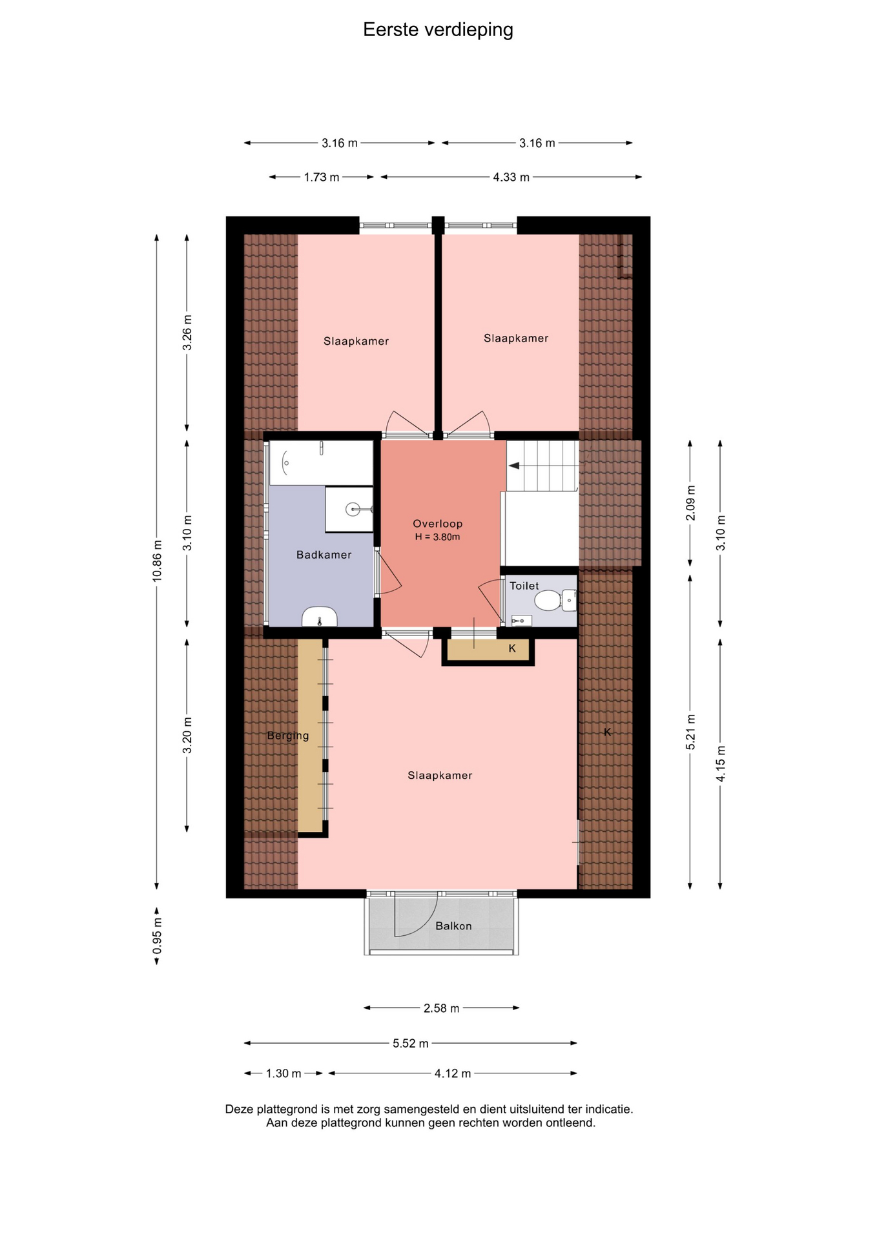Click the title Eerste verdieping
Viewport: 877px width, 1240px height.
coord(438,30)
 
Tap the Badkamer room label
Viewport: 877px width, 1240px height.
coord(324,555)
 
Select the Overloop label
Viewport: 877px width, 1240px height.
coord(438,524)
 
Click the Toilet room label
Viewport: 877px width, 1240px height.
coord(524,586)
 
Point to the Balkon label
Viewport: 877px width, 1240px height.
coord(453,926)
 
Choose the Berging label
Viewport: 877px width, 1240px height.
coord(288,736)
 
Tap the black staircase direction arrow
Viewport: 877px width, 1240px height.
coord(514,466)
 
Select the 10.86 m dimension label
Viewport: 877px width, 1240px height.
coord(157,561)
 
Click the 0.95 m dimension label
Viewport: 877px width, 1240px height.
coord(157,935)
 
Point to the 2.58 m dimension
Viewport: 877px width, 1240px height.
coord(442,1008)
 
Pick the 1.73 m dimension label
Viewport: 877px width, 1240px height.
coord(322,177)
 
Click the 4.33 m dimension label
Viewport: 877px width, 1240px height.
coord(511,177)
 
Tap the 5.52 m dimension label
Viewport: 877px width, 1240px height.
coord(411,1043)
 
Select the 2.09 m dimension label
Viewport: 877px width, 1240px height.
coord(690,502)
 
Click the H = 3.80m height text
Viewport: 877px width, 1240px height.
coord(438,537)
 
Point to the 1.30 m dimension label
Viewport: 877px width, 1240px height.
coord(284,1073)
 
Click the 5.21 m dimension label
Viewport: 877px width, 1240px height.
coord(690,732)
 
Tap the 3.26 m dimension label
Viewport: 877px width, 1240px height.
coord(187,333)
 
